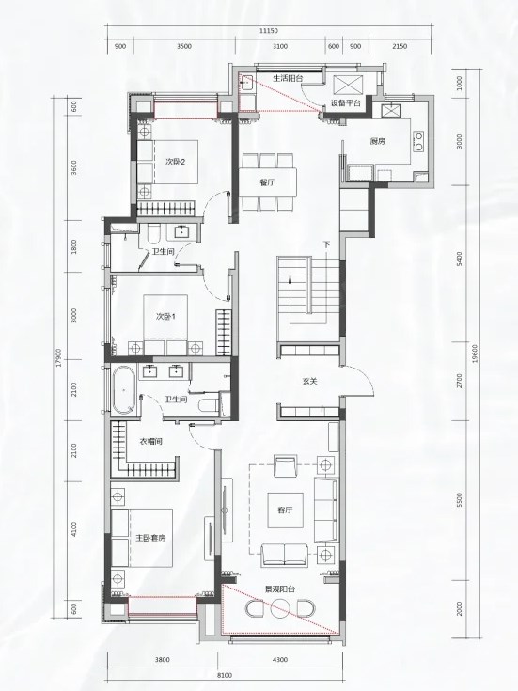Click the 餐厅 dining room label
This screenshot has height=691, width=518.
267,182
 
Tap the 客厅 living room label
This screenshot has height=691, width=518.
285,510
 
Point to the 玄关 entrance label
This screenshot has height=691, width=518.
310,381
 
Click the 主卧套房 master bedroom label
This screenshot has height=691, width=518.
150,538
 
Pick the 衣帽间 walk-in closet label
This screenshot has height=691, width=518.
151,441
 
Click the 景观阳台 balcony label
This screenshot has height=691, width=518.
280,589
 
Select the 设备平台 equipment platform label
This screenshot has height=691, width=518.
346,103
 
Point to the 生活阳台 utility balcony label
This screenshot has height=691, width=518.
288,78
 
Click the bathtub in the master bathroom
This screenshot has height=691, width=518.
123,390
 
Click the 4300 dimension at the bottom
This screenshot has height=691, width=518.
279,660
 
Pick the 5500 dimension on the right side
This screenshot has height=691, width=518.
459,500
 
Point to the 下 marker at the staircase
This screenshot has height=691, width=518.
326,243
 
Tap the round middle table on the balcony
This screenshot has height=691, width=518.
279,610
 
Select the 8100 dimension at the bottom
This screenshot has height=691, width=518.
225,675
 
